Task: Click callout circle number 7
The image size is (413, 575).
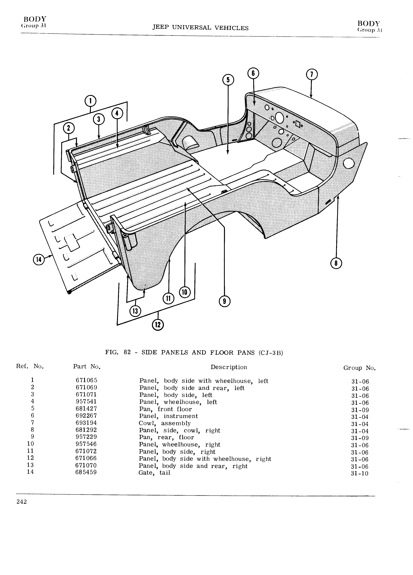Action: (312, 75)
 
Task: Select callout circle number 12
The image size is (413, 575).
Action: (158, 325)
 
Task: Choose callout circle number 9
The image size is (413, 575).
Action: (224, 301)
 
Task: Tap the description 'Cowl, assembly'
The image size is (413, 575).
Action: (165, 423)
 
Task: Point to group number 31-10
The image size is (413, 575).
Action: (360, 473)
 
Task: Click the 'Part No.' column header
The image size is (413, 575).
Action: (87, 366)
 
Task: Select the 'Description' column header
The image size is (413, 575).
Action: (229, 367)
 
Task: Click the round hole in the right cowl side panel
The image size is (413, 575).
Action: (349, 164)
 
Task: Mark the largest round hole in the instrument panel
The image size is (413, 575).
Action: (279, 117)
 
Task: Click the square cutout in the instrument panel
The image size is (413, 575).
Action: (298, 124)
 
